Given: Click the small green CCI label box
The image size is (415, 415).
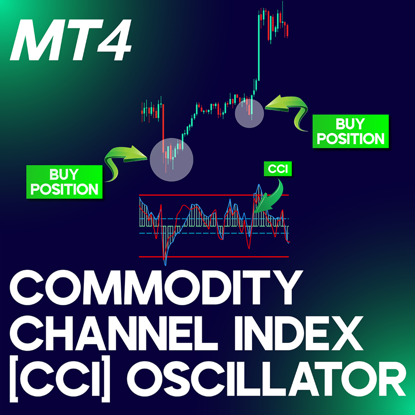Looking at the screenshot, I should tap(278, 169).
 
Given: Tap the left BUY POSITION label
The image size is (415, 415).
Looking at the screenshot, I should tap(64, 182).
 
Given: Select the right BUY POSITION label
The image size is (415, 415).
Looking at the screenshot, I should tap(351, 131).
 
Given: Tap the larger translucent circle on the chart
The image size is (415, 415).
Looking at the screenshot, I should tap(171, 159).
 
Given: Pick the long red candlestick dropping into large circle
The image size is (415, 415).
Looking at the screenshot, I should tap(163, 126).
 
